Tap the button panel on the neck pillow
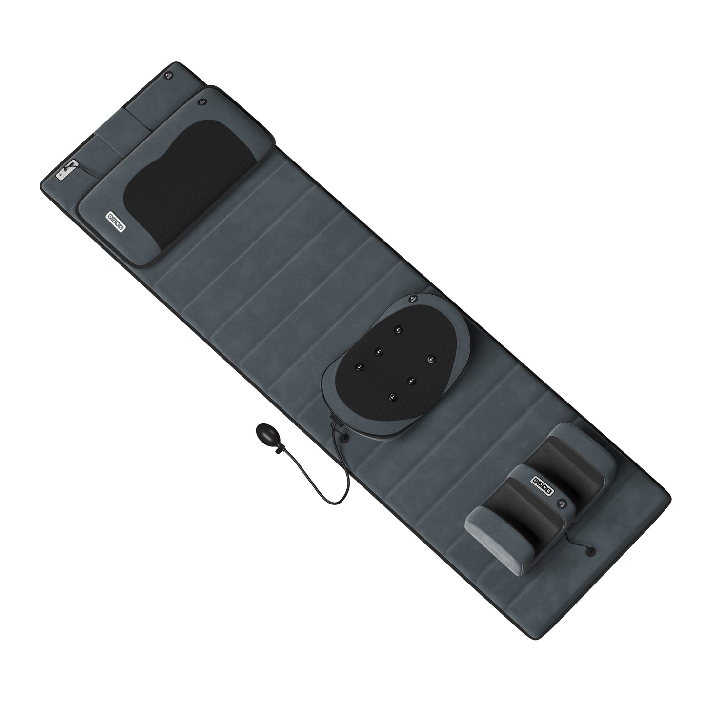pos(117,216)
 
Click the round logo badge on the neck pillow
pos(201,102)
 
